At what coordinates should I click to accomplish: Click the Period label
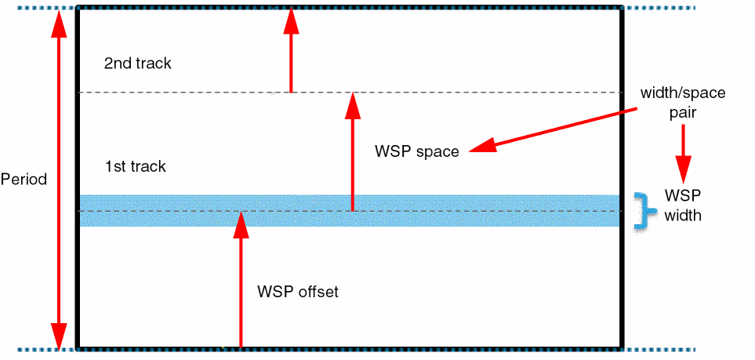24,179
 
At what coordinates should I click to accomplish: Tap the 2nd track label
137,63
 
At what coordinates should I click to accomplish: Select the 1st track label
136,166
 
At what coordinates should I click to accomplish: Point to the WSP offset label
298,292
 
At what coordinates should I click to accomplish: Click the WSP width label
683,204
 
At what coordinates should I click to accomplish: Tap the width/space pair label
683,102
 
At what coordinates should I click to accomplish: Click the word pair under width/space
683,112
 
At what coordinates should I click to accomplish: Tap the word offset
317,292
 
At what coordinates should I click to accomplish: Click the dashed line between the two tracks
470,93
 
